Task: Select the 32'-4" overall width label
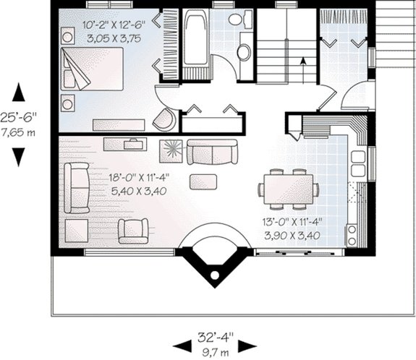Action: pyautogui.click(x=215, y=336)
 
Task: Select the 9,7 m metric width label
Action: pyautogui.click(x=215, y=349)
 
